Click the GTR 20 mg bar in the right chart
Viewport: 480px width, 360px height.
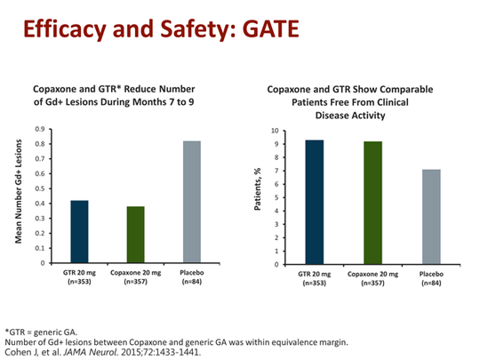pos(313,202)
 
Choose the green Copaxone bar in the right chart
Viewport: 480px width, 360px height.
pos(371,203)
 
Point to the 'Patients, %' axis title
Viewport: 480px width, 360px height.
pos(257,197)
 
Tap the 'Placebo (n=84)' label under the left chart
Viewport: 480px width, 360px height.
pos(191,276)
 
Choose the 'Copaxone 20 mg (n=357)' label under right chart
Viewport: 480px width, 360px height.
pos(371,278)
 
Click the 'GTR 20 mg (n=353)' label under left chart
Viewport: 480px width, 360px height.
pos(79,276)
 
